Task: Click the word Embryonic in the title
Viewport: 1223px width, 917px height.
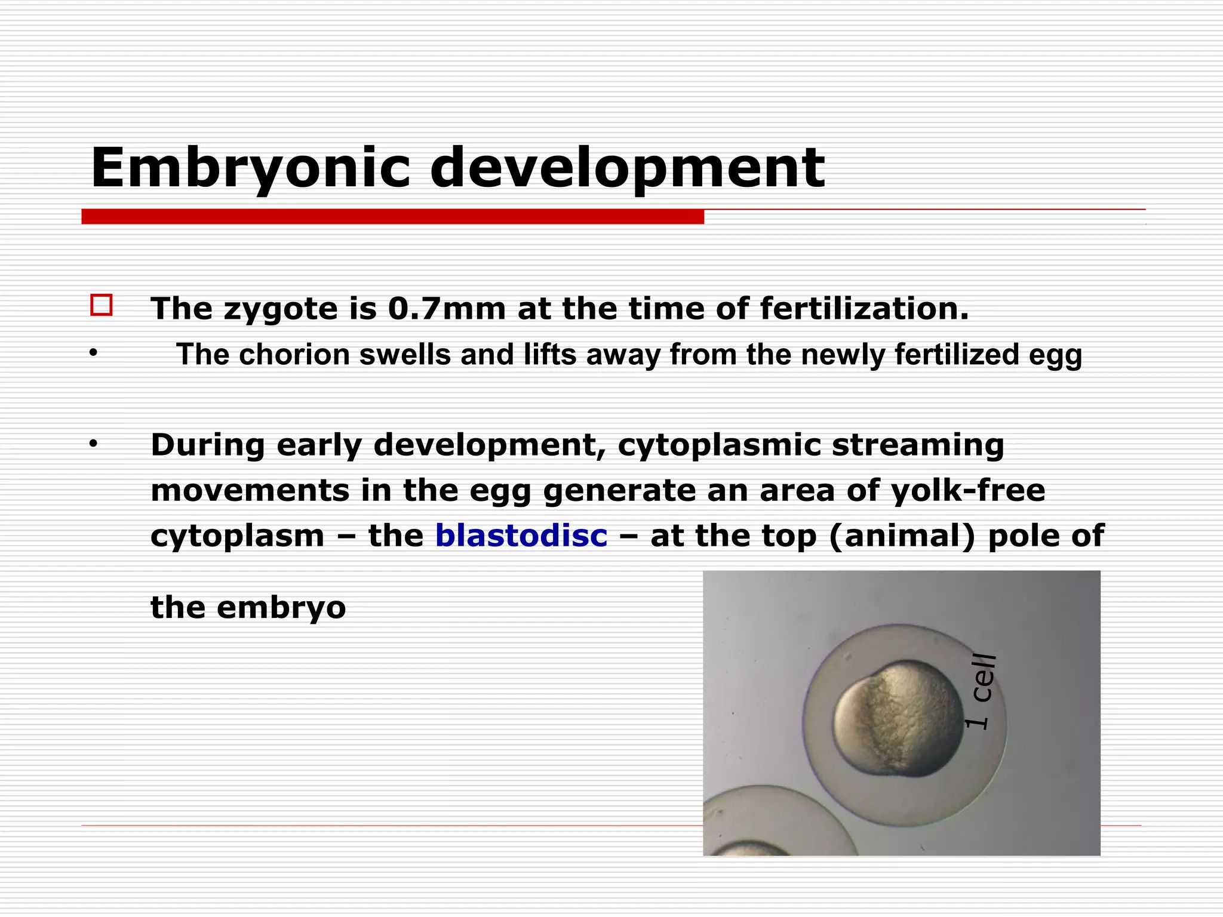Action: click(x=250, y=169)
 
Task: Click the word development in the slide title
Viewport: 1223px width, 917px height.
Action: click(x=627, y=169)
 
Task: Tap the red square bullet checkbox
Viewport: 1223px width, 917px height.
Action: click(x=101, y=305)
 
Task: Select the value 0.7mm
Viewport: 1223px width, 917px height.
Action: click(x=446, y=309)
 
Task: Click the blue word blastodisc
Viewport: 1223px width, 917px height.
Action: click(x=521, y=535)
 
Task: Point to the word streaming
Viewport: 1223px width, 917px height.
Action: click(x=918, y=446)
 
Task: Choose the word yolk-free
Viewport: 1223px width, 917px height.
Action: click(x=967, y=491)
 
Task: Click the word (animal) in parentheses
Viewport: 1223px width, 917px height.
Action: click(x=902, y=536)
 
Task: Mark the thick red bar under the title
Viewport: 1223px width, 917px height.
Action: click(x=392, y=217)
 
